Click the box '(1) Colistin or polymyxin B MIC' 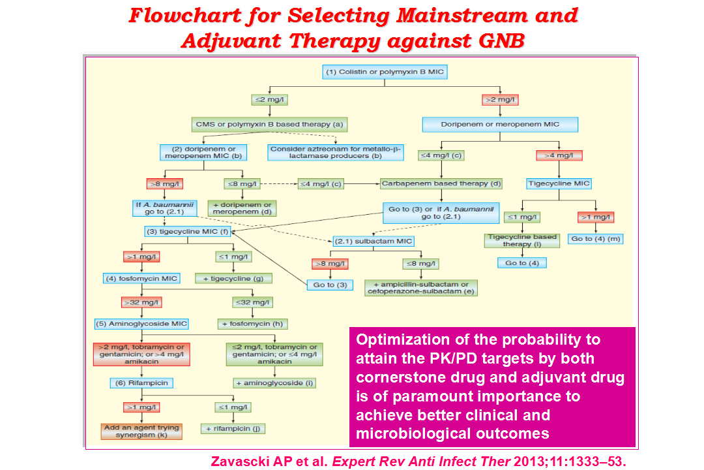tap(385, 72)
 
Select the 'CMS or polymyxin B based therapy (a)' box tap(269, 125)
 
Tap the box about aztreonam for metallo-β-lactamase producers tap(336, 153)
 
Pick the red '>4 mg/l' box tap(559, 155)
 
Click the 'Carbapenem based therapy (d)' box tap(441, 183)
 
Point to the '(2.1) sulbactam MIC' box tap(373, 241)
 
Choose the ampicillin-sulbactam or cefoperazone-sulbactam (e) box tap(420, 288)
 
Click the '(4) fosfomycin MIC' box tap(141, 279)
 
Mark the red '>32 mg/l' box tap(141, 303)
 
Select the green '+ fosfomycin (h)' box tap(252, 324)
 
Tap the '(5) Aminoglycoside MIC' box tap(141, 324)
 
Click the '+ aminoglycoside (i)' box tap(275, 383)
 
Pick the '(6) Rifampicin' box tap(141, 383)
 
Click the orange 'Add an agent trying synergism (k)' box tap(141, 431)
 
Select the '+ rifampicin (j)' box tap(233, 429)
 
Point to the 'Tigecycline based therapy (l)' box tap(521, 241)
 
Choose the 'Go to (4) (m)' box tap(595, 239)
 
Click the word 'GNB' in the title tap(502, 41)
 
